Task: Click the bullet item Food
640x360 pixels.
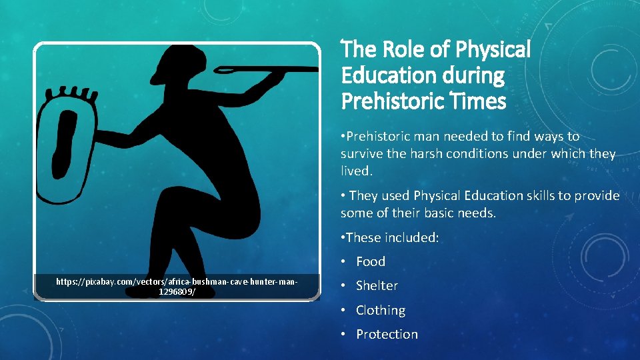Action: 371,261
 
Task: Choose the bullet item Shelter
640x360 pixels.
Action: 377,285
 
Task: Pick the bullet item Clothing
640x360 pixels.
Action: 380,310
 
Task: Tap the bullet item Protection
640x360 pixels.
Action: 387,334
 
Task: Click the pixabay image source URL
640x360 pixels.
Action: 177,287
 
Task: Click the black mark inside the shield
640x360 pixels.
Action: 67,143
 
